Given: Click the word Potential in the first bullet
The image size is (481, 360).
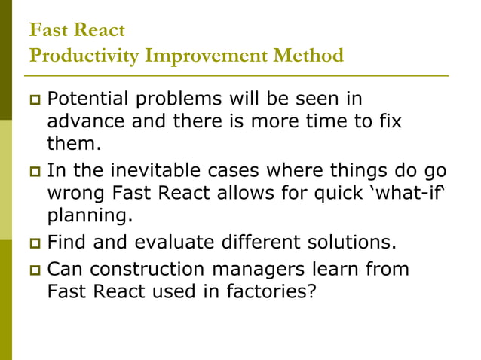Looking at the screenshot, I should coord(85,99).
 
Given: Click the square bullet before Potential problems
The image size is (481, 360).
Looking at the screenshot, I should coord(32,99).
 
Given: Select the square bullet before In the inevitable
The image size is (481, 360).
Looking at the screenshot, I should coord(32,171).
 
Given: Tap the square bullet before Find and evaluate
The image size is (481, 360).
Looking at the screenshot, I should coord(32,243).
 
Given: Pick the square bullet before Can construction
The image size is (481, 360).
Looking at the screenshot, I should coord(32,270).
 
